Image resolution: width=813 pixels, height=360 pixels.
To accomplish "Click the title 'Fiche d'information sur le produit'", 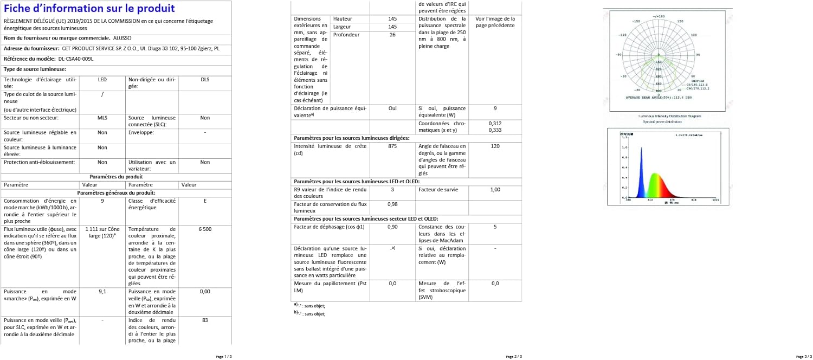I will pyautogui.click(x=89, y=9).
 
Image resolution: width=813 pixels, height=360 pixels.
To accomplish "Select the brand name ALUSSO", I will pyautogui.click(x=122, y=38).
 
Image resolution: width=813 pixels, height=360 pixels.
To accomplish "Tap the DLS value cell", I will pyautogui.click(x=205, y=80).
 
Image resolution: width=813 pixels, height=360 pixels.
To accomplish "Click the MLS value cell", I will pyautogui.click(x=102, y=118).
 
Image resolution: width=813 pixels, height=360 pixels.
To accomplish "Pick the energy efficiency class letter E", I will pyautogui.click(x=205, y=201).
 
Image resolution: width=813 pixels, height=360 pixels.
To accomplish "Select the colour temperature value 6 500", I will pyautogui.click(x=205, y=229).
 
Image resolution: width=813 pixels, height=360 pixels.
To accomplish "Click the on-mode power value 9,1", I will pyautogui.click(x=102, y=291).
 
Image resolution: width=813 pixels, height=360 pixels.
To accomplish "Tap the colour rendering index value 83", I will pyautogui.click(x=205, y=320).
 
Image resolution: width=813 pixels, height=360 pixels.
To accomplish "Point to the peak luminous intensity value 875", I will pyautogui.click(x=392, y=146).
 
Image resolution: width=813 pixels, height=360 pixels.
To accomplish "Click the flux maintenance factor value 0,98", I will pyautogui.click(x=392, y=204).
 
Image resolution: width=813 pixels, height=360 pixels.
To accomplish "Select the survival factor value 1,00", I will pyautogui.click(x=495, y=190).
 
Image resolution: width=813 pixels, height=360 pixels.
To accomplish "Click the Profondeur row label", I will pyautogui.click(x=346, y=35).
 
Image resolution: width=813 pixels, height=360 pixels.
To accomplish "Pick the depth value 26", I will pyautogui.click(x=392, y=35).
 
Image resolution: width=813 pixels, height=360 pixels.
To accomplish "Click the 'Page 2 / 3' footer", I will pyautogui.click(x=514, y=356).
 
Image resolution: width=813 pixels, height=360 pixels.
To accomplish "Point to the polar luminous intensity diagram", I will pyautogui.click(x=667, y=60).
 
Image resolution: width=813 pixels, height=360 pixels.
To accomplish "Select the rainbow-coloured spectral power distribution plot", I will pyautogui.click(x=667, y=167).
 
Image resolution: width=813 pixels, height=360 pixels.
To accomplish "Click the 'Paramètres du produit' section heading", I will pyautogui.click(x=116, y=177).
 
